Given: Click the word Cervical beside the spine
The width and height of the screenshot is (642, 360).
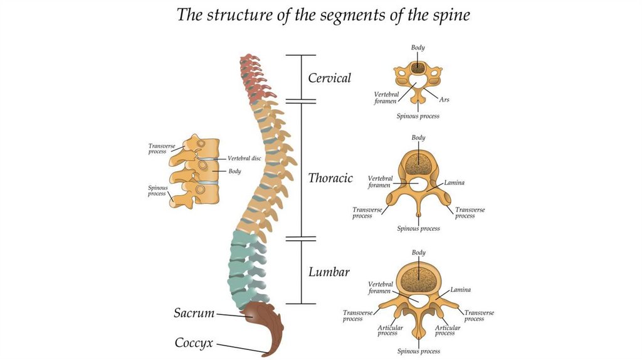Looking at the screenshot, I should pos(329,78).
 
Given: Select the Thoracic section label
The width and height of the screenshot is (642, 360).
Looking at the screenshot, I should pos(330,178).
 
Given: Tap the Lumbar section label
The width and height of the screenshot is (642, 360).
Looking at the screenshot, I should pos(329,272).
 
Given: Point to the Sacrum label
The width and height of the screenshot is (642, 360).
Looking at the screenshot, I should pos(194,313).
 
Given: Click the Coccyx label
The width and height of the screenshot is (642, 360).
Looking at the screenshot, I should pos(194,343).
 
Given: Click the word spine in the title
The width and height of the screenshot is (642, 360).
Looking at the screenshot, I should pos(448,15).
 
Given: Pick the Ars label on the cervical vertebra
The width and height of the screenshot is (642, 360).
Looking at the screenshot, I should pos(444,99).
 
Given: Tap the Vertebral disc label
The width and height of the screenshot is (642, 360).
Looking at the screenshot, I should pos(244,159).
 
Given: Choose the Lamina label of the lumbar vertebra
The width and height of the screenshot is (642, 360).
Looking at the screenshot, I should pos(460,290).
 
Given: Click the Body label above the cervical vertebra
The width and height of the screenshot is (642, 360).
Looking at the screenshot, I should pos(418,47).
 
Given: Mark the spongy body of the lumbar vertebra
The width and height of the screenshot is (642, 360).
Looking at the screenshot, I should pos(418,278).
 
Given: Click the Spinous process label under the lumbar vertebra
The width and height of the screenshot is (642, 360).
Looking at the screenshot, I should pos(418,351).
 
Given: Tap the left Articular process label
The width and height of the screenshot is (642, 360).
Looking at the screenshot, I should pos(390,331).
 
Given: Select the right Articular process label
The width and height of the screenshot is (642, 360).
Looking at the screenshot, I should pos(447,331).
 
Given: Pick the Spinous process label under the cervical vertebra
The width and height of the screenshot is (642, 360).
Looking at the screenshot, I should pos(418,116).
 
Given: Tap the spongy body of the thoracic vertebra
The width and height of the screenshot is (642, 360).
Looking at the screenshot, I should pos(418,164).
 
